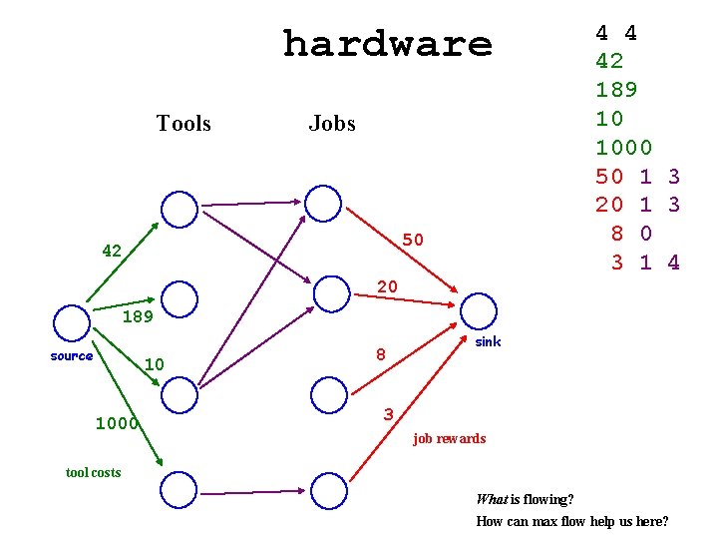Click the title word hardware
387,44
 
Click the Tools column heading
183,124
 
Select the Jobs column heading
332,124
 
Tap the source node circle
72,322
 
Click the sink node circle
479,310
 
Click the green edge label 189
138,318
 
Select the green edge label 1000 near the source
116,423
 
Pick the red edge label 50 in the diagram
413,240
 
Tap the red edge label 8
380,353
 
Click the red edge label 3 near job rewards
389,414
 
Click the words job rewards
449,438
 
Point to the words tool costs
93,472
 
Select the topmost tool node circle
179,209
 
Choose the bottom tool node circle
179,490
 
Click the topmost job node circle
323,203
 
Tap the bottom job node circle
328,490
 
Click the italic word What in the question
492,499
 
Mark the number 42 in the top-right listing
609,61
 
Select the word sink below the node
488,341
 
